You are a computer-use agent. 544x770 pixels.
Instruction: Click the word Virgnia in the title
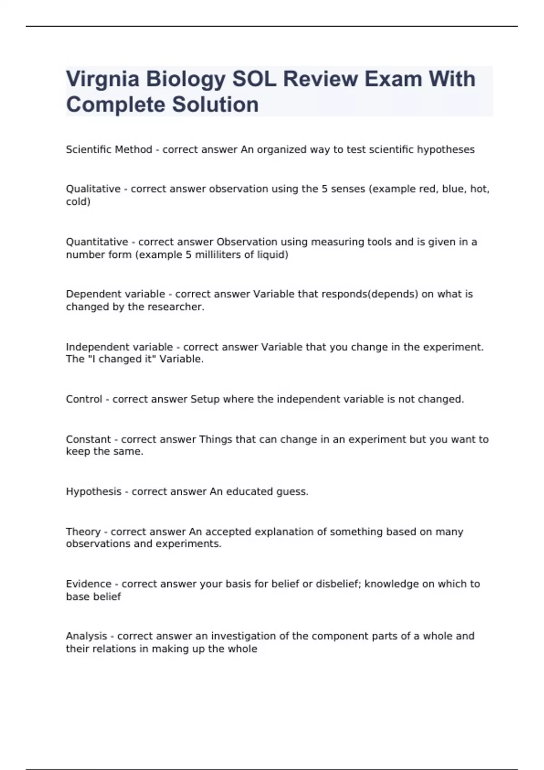click(102, 79)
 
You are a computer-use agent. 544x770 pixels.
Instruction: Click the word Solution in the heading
click(215, 105)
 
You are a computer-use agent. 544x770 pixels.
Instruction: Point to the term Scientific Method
click(109, 149)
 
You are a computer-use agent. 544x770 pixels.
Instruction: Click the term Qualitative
click(93, 189)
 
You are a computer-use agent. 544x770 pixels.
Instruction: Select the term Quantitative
click(97, 242)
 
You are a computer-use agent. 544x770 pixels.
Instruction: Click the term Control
click(84, 399)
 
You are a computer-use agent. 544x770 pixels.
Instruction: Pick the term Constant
click(88, 439)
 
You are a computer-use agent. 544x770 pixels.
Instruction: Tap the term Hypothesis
click(93, 492)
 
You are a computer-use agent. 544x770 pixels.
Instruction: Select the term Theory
click(83, 532)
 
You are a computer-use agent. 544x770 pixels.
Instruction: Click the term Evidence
click(88, 584)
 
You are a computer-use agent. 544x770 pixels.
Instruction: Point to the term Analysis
click(87, 636)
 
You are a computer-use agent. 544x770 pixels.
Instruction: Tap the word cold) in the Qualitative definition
click(78, 202)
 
